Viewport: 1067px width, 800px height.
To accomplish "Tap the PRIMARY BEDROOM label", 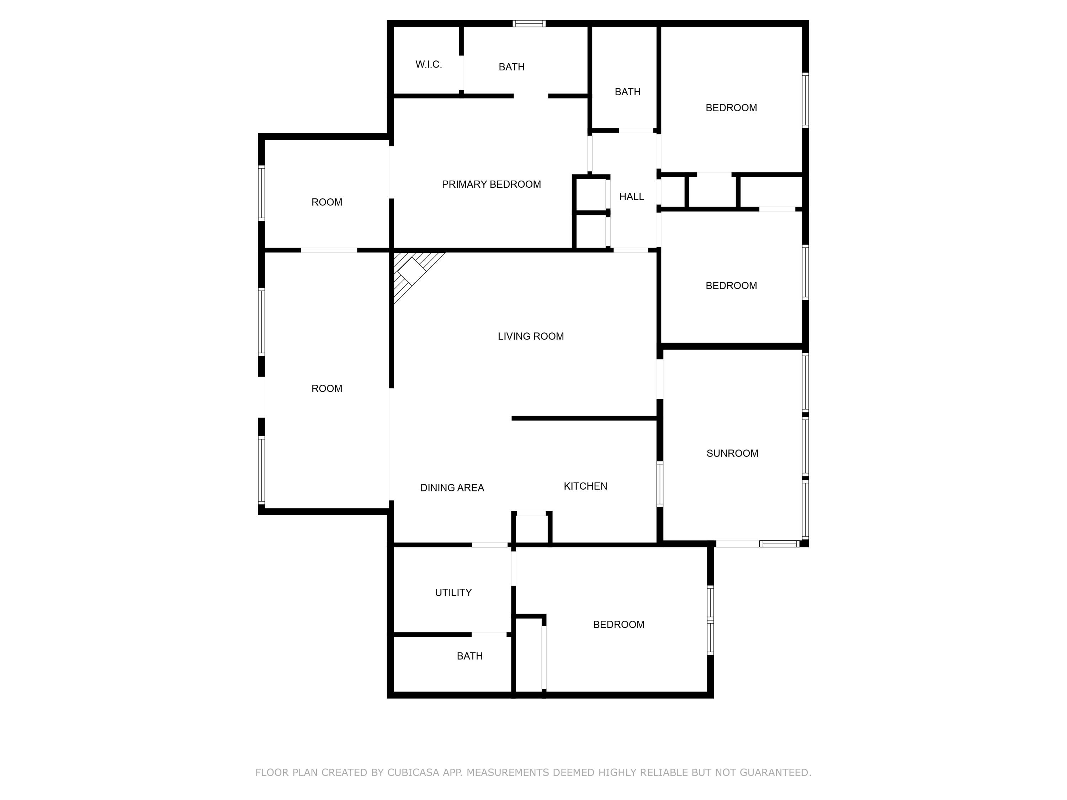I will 491,184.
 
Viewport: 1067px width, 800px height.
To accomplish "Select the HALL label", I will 631,197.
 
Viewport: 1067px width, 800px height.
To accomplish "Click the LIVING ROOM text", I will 531,336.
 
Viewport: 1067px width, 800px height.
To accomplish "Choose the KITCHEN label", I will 585,486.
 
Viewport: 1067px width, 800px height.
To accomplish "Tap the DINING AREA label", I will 452,488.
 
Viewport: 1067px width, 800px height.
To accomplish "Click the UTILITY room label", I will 453,593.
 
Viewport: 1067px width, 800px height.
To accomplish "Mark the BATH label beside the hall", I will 627,92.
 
